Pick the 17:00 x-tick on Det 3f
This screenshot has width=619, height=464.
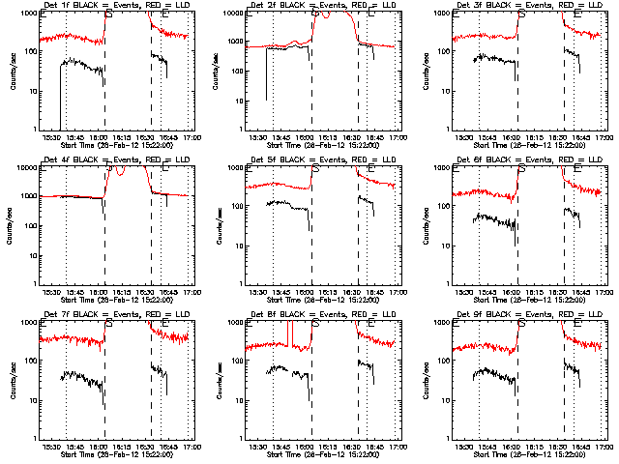click(x=604, y=137)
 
